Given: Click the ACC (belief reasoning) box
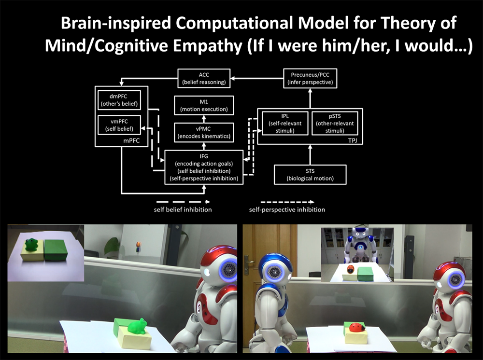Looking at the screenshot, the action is [x=204, y=79].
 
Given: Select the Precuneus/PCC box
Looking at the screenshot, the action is [x=310, y=79].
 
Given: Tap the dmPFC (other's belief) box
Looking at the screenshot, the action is [x=119, y=100].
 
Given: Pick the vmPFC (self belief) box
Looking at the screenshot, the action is [x=119, y=125].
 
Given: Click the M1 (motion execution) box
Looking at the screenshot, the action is [x=204, y=106].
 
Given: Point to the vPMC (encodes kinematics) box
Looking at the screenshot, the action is [x=204, y=132].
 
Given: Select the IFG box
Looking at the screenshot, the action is [x=204, y=167].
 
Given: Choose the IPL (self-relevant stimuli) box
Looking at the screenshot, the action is [x=285, y=124].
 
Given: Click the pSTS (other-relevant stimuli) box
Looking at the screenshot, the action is [x=335, y=124].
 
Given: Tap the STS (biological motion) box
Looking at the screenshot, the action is [x=310, y=175].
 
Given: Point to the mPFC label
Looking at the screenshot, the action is [x=131, y=140].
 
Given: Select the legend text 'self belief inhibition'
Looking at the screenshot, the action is [x=183, y=209].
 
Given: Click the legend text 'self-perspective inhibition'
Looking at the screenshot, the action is [x=287, y=209].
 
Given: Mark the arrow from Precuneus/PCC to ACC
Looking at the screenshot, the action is [x=257, y=79].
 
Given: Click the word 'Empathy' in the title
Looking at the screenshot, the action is [x=208, y=46].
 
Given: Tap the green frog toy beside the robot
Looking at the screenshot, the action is [x=138, y=327].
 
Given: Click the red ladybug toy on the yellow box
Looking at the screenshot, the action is [x=357, y=327].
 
